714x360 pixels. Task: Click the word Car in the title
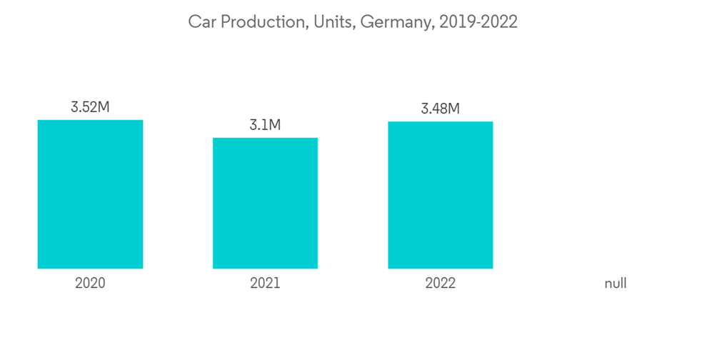point(201,22)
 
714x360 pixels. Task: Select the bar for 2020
point(90,194)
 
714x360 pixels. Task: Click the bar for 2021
point(265,203)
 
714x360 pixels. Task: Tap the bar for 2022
point(440,195)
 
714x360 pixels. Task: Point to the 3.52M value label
point(90,108)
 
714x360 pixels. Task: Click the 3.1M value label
point(265,125)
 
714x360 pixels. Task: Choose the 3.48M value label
point(440,109)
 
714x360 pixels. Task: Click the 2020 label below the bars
point(90,284)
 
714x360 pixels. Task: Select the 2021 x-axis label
point(265,284)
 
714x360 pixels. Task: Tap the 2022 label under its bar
point(440,284)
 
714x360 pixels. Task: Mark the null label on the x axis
point(615,284)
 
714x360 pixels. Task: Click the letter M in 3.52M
point(104,108)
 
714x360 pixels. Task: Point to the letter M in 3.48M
point(453,109)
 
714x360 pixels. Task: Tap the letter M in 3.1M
point(275,125)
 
